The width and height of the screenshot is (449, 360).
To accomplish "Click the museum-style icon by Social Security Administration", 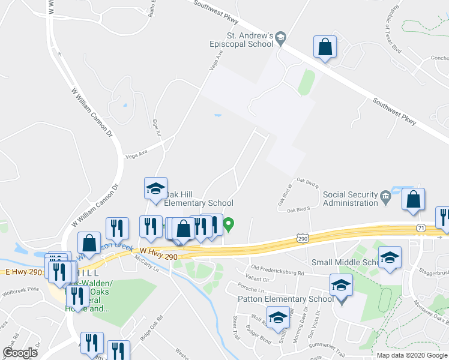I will tap(385, 195).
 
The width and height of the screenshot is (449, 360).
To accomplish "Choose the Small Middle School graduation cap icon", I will tap(390, 258).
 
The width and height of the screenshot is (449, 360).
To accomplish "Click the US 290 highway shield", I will tap(303, 239).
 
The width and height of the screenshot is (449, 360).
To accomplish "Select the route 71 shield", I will tap(421, 228).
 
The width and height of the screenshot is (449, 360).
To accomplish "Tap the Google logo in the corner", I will tap(20, 353).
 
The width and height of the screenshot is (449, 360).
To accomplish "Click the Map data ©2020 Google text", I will tap(411, 355).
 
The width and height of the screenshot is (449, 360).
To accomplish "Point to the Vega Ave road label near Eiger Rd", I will tap(136, 154).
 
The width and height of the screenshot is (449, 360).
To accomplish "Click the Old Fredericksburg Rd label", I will tap(277, 268).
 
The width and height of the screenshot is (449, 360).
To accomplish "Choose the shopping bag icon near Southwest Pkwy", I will tap(325, 47).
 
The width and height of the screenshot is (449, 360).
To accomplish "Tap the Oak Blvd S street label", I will tap(298, 209).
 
